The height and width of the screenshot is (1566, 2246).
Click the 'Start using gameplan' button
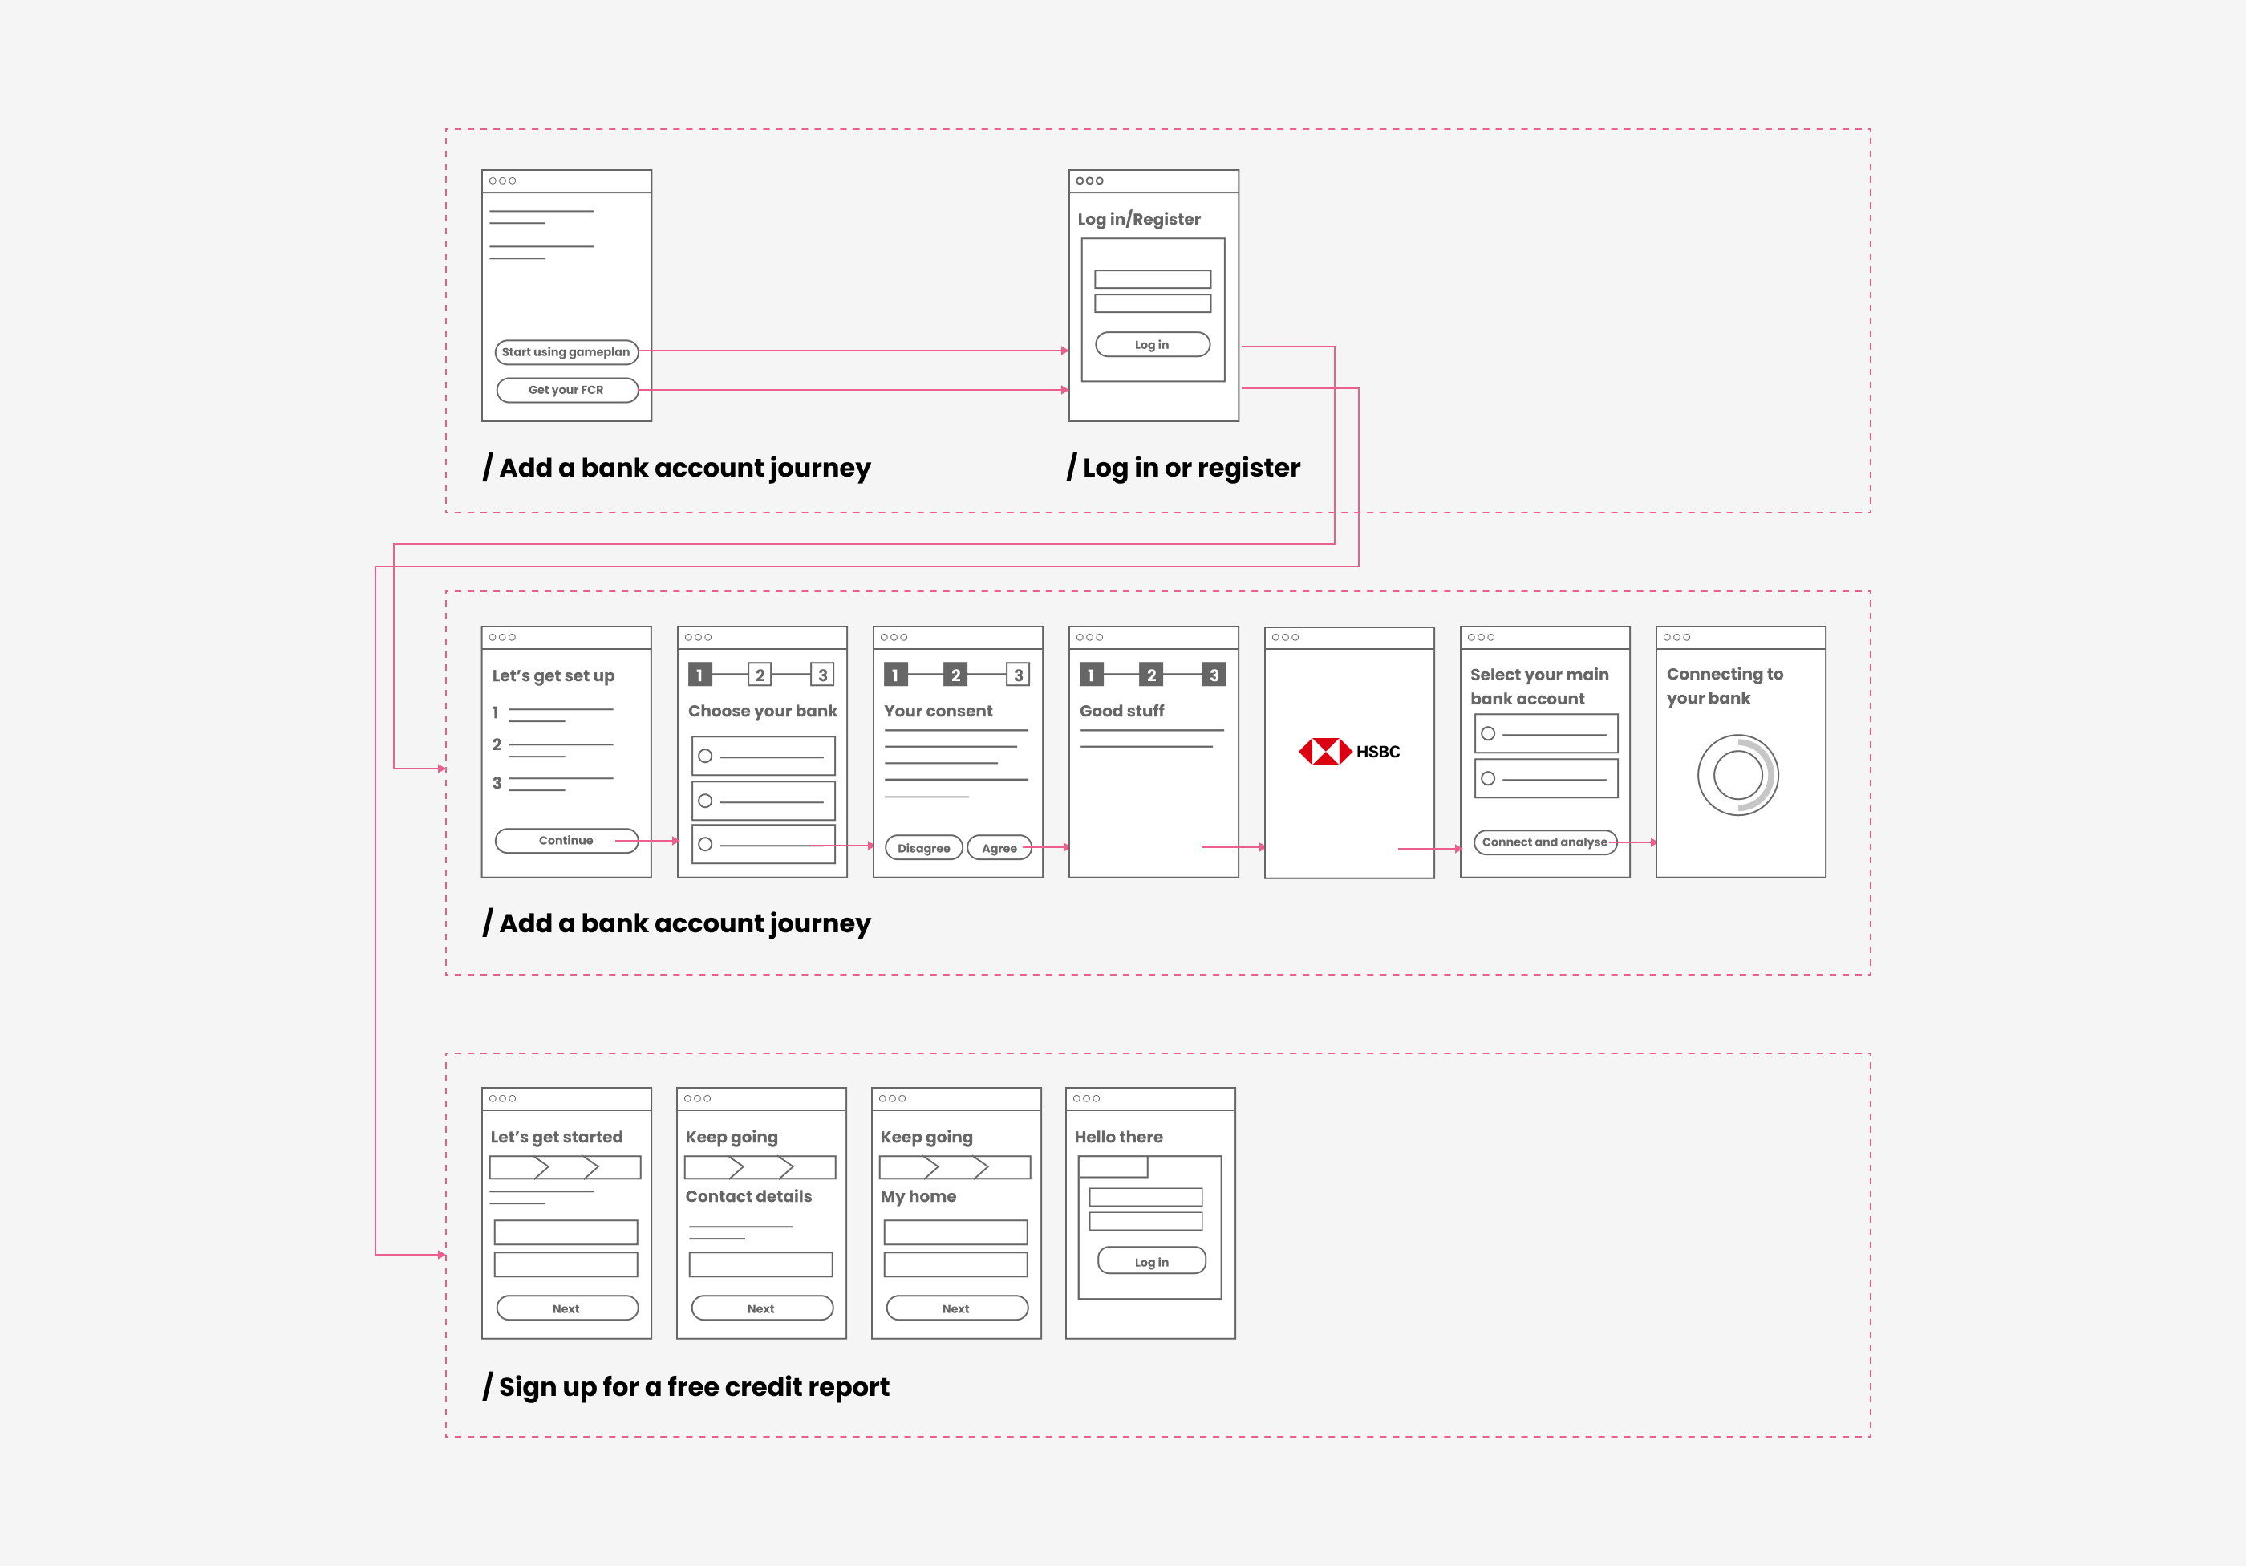[566, 352]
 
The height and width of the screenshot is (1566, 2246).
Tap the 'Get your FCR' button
[566, 390]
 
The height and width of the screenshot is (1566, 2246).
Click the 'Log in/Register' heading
[1139, 219]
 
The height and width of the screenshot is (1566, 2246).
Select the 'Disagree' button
[923, 848]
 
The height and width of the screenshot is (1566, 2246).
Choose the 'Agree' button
[999, 848]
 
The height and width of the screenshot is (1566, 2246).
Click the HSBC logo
[1349, 751]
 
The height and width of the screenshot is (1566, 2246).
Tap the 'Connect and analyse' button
[1545, 842]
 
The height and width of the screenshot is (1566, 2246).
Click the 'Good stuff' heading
[1122, 711]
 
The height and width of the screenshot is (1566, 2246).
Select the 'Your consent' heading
[939, 711]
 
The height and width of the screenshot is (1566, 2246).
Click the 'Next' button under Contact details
[761, 1308]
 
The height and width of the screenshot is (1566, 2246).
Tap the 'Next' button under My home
[955, 1308]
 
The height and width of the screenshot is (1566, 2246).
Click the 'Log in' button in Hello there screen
[1151, 1261]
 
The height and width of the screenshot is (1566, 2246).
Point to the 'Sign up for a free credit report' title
[687, 1387]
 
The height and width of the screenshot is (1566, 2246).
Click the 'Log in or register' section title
[1184, 468]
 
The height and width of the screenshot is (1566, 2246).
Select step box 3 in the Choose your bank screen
[823, 675]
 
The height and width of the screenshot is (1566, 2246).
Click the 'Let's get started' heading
[557, 1137]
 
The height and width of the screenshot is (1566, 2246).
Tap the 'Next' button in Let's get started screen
[566, 1308]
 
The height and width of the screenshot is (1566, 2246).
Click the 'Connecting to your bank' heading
[1725, 686]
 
